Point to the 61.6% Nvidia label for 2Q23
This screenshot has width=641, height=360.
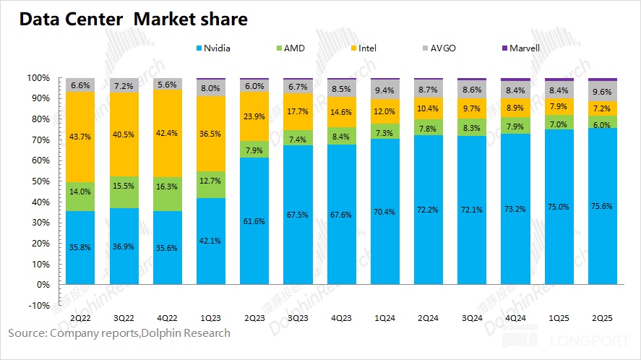pyautogui.click(x=254, y=220)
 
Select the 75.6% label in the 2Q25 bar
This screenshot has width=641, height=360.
pyautogui.click(x=603, y=205)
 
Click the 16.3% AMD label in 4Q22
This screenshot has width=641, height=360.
pyautogui.click(x=167, y=186)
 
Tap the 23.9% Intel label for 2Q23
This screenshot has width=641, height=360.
pyautogui.click(x=254, y=116)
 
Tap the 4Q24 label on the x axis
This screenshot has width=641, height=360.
pyautogui.click(x=515, y=317)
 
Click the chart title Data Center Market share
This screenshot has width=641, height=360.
pyautogui.click(x=133, y=20)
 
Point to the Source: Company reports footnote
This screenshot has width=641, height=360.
pyautogui.click(x=119, y=333)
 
